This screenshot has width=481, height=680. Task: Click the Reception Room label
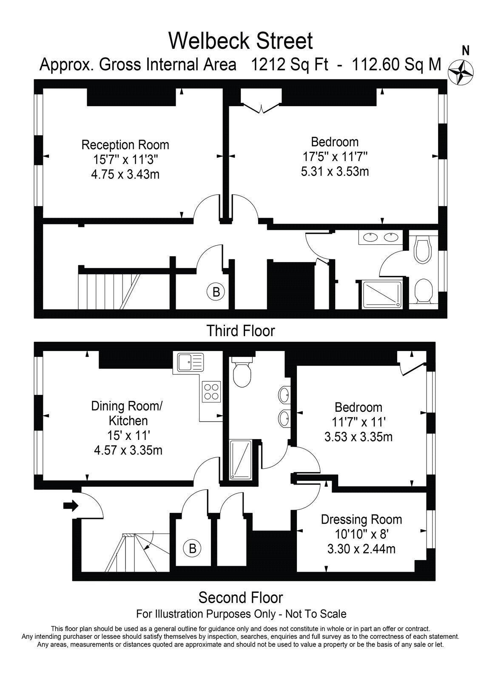[x=125, y=145]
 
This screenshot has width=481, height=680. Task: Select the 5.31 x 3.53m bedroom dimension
[x=335, y=172]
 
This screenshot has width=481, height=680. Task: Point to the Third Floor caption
[x=241, y=331]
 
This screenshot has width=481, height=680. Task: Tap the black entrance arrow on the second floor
[x=71, y=506]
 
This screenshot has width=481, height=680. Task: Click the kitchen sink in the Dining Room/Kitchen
[x=188, y=363]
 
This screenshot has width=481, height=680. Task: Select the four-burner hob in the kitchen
[x=211, y=391]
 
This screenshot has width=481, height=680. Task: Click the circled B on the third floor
[x=216, y=292]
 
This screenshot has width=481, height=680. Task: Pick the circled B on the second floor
[x=192, y=549]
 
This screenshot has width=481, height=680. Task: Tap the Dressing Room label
[x=361, y=519]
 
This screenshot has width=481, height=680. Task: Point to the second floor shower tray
[x=241, y=460]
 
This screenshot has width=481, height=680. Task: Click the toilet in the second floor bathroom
[x=242, y=371]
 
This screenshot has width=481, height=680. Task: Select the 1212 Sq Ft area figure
[x=290, y=65]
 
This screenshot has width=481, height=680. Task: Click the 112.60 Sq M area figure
[x=396, y=65]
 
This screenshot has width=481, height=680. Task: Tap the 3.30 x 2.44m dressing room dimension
[x=361, y=549]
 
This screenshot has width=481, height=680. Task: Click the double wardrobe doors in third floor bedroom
[x=261, y=108]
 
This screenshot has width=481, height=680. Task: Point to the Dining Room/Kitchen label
[x=128, y=413]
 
